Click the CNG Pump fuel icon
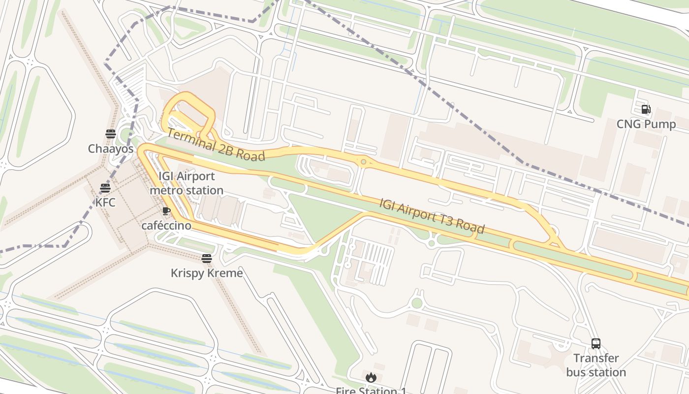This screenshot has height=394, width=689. (x=646, y=109)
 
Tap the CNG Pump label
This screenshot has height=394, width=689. (x=646, y=124)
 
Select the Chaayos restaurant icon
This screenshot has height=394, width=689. (x=110, y=134)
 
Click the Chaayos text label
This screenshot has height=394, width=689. (x=111, y=148)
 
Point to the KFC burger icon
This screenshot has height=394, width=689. (x=105, y=188)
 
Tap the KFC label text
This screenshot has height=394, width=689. (x=105, y=202)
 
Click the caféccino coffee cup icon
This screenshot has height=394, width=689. (x=166, y=211)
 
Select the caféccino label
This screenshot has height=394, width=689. (x=166, y=226)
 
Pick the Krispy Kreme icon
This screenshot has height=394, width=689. (x=207, y=259)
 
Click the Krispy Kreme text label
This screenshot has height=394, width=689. (x=207, y=273)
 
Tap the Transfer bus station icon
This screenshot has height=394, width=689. (x=596, y=344)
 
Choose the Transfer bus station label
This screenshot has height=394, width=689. (x=596, y=365)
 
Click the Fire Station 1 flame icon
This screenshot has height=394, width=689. (x=371, y=378)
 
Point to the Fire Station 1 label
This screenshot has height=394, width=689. (x=371, y=391)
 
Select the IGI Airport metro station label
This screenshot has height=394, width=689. (x=187, y=183)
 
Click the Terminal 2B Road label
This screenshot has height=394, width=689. (x=216, y=144)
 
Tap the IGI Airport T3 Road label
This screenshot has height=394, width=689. (x=432, y=216)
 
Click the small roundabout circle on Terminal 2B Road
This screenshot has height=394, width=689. (x=363, y=162)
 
